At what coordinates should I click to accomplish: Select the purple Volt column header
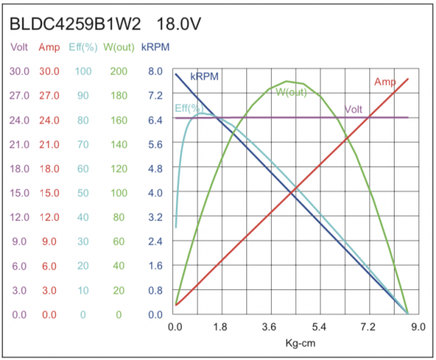(x=20, y=47)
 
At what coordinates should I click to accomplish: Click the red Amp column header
(x=49, y=47)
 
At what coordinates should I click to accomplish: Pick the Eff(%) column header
(x=82, y=47)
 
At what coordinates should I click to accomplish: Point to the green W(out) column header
(x=118, y=47)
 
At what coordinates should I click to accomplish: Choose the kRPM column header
(x=156, y=47)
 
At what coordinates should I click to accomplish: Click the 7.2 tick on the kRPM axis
(x=155, y=95)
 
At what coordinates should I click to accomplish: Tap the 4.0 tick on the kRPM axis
(x=155, y=193)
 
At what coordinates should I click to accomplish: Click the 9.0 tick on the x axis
(x=418, y=327)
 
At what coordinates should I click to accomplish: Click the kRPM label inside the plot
(x=205, y=76)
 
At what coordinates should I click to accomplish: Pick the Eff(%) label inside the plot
(x=188, y=108)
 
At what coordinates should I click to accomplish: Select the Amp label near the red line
(x=384, y=81)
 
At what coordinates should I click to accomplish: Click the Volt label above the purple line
(x=354, y=109)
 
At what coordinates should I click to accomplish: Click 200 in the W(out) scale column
(x=118, y=71)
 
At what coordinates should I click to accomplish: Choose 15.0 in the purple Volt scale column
(x=20, y=193)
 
